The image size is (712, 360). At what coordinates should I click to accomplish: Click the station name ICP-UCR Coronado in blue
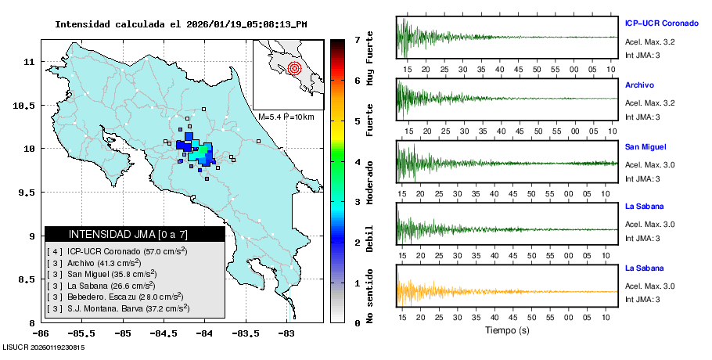(x=661, y=23)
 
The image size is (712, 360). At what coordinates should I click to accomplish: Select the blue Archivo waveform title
(x=640, y=85)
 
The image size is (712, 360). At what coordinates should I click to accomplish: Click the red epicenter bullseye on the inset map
(x=294, y=68)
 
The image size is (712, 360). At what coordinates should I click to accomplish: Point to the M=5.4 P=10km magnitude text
(x=286, y=117)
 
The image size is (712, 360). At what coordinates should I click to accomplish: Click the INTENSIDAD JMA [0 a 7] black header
(x=135, y=234)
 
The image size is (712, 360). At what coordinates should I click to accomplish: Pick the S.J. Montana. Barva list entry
(x=121, y=308)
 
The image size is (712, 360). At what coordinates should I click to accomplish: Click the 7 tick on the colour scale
(x=356, y=39)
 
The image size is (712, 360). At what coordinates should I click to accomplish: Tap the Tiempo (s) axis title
(x=507, y=330)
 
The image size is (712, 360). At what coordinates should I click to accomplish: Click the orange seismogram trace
(x=469, y=291)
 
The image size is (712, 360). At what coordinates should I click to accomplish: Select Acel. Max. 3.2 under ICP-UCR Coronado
(x=649, y=41)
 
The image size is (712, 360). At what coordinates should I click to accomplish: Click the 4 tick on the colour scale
(x=356, y=161)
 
